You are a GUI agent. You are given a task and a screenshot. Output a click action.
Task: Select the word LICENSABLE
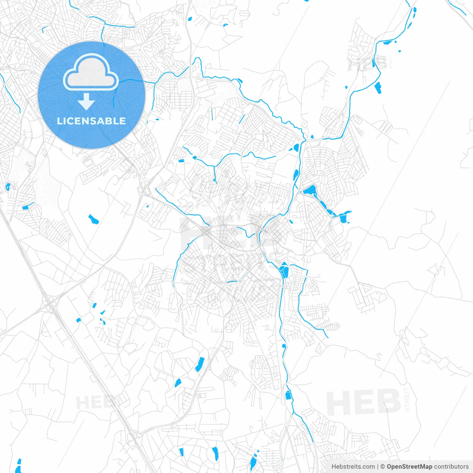[91, 121]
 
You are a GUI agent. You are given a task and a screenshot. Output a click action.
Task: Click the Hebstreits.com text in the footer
[353, 467]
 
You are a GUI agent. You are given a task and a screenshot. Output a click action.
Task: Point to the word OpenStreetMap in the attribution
[409, 467]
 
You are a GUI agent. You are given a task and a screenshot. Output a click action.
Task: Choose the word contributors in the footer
[451, 467]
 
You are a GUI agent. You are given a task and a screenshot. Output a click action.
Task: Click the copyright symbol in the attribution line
[383, 467]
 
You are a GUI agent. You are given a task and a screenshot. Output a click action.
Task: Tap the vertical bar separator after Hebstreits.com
[378, 467]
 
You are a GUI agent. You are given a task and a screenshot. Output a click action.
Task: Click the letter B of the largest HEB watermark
[388, 402]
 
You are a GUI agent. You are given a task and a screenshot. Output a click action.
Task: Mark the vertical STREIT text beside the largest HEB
[407, 399]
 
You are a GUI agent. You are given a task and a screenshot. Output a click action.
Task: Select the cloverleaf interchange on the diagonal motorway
[50, 305]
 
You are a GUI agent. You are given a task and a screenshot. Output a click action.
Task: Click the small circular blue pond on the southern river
[284, 346]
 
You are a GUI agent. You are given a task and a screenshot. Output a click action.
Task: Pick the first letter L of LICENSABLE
[59, 121]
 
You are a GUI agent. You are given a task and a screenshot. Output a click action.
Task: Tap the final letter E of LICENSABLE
[123, 121]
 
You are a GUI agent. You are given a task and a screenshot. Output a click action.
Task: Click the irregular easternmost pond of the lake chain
[346, 217]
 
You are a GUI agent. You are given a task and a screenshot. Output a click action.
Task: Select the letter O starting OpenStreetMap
[389, 467]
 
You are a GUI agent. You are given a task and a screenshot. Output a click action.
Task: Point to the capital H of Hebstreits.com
[334, 467]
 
